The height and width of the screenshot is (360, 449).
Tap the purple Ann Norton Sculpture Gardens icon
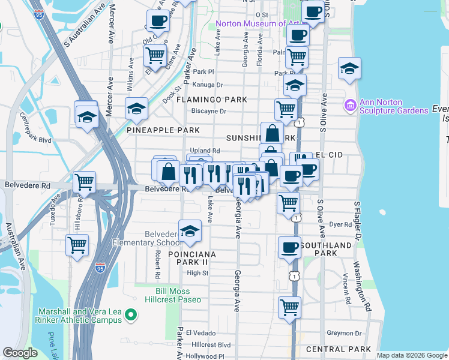(350, 106)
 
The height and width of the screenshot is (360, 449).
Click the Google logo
(20, 352)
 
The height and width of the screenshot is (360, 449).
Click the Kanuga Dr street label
(208, 85)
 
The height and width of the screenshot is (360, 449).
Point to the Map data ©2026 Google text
(412, 355)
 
